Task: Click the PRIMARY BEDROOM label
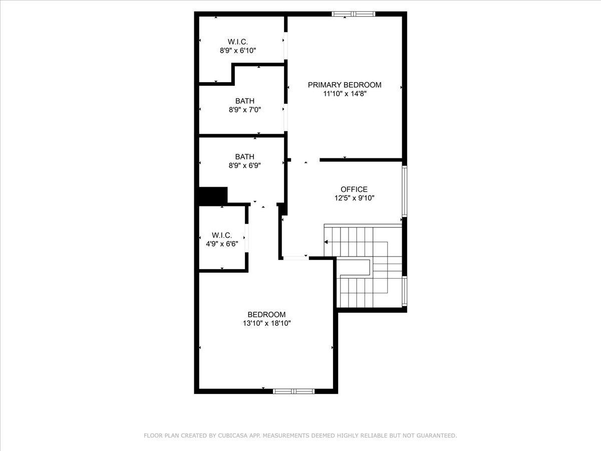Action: pyautogui.click(x=345, y=85)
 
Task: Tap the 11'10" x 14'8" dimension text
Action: pyautogui.click(x=345, y=94)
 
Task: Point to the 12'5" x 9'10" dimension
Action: pyautogui.click(x=354, y=198)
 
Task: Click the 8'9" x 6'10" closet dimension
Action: pyautogui.click(x=238, y=51)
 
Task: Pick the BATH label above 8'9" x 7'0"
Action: pyautogui.click(x=245, y=101)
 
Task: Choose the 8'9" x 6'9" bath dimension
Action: pyautogui.click(x=245, y=165)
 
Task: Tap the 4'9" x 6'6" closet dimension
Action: pyautogui.click(x=222, y=244)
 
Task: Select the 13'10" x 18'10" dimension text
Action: pyautogui.click(x=266, y=323)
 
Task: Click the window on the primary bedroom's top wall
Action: pyautogui.click(x=354, y=14)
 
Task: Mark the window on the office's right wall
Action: pyautogui.click(x=404, y=191)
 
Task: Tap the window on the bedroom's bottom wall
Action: pyautogui.click(x=294, y=391)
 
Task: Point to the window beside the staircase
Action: pyautogui.click(x=404, y=291)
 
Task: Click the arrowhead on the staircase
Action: pyautogui.click(x=326, y=242)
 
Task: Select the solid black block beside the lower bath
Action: pyautogui.click(x=213, y=196)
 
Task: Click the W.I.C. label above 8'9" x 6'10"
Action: pyautogui.click(x=238, y=42)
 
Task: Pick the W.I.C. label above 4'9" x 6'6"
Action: pyautogui.click(x=222, y=235)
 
